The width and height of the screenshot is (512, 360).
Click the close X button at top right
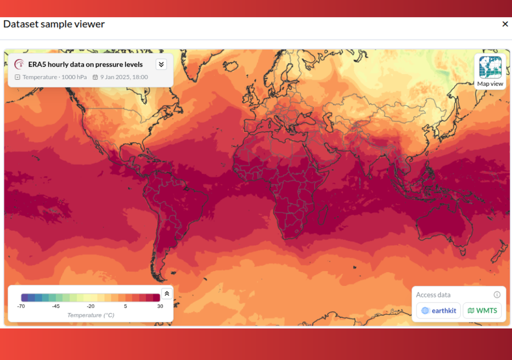[505, 24]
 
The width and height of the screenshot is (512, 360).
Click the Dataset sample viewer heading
[54, 24]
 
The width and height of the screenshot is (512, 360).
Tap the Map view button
[490, 71]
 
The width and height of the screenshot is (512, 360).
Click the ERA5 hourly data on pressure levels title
[85, 64]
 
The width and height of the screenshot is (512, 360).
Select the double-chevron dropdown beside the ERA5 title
[160, 64]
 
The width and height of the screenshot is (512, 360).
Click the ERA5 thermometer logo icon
[19, 64]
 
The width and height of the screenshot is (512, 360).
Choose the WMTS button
[482, 310]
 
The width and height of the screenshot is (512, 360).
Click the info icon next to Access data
[497, 295]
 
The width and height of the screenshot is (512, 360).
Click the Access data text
[433, 295]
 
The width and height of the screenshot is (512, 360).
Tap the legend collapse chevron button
[167, 293]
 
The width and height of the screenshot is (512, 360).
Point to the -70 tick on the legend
[21, 306]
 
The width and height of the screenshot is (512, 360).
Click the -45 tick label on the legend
[55, 306]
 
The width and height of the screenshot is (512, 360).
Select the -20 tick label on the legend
[90, 306]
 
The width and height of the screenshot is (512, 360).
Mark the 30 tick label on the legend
[160, 306]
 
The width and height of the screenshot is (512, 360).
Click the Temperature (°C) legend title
[90, 315]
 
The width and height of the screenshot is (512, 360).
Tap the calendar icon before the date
[95, 77]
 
